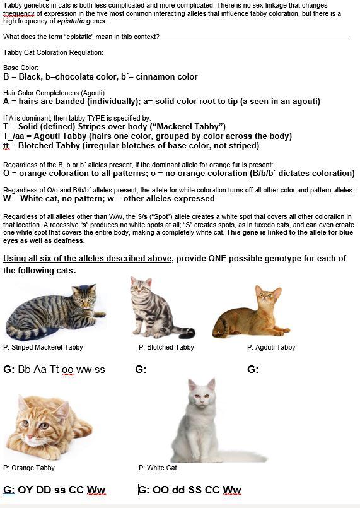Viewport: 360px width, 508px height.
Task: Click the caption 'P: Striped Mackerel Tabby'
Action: (x=43, y=347)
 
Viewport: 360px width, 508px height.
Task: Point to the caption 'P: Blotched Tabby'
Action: (x=166, y=347)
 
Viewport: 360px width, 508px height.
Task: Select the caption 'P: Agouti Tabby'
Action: (x=271, y=347)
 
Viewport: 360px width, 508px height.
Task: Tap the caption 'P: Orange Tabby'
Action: (x=29, y=468)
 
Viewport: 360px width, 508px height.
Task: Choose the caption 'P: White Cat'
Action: (x=158, y=468)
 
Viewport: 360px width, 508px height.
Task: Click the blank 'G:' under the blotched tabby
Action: (x=141, y=369)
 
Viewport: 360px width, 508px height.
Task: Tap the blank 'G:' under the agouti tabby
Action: (x=253, y=369)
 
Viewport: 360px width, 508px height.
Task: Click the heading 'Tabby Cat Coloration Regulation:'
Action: (x=53, y=52)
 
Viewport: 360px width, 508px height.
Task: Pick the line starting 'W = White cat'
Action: (x=109, y=198)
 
